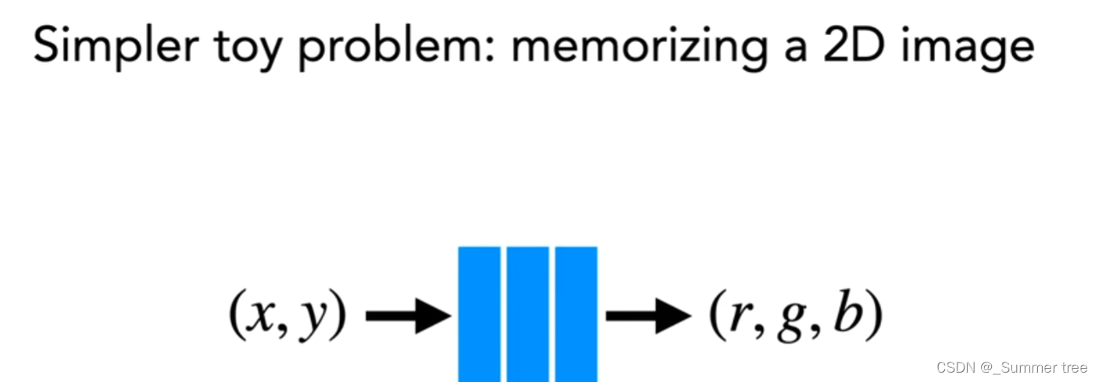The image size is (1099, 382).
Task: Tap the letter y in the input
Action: tap(312, 320)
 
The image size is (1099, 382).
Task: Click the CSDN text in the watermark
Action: tap(954, 368)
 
